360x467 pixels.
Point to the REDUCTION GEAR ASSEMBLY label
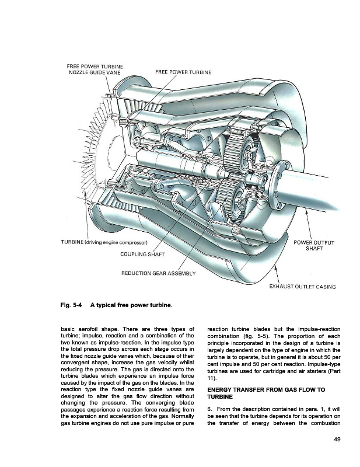pos(158,274)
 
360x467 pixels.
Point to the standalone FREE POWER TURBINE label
pos(183,72)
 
